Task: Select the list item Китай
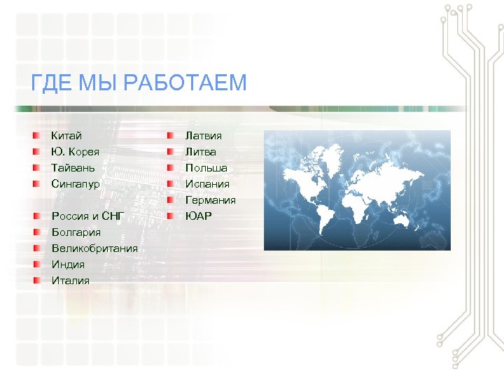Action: click(x=66, y=135)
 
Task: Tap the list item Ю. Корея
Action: click(x=75, y=151)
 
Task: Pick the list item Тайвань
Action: click(x=73, y=168)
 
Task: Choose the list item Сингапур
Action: click(x=76, y=184)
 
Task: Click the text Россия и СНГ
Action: click(x=87, y=216)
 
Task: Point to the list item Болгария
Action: click(x=76, y=232)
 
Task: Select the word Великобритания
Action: click(x=94, y=248)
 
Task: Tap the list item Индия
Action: click(x=68, y=265)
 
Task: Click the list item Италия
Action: click(x=70, y=281)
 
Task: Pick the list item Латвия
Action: click(x=204, y=135)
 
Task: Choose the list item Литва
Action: click(x=201, y=151)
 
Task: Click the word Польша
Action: click(x=206, y=168)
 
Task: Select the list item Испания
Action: click(x=207, y=184)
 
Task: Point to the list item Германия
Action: click(x=210, y=200)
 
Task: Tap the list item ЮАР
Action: click(x=198, y=216)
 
